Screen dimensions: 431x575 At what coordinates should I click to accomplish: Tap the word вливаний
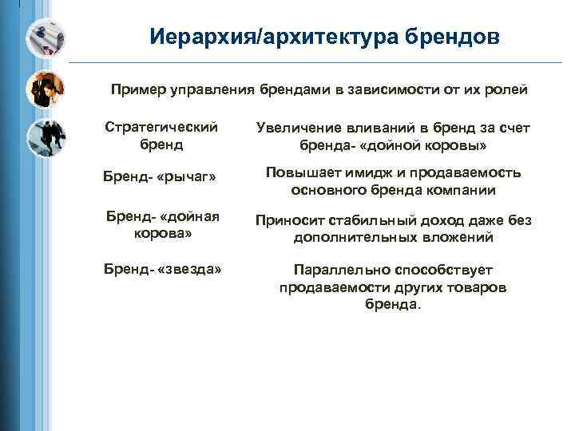pos(384,129)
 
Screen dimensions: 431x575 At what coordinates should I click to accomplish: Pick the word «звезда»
pos(190,269)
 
